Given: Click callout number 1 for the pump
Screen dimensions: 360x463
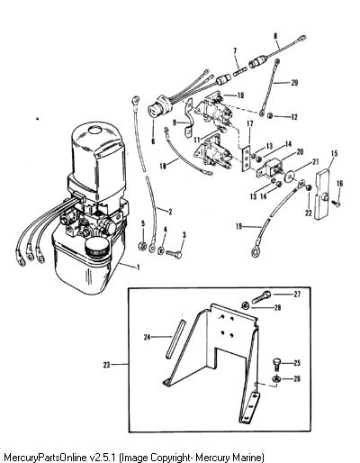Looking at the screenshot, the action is pos(138,268).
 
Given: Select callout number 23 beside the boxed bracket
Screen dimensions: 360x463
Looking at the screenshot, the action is pos(107,365).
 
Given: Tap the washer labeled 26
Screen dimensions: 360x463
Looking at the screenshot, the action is pos(275,379).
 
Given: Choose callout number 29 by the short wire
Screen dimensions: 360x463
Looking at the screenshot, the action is pos(294,82).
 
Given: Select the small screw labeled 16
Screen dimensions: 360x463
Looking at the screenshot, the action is pos(337,204).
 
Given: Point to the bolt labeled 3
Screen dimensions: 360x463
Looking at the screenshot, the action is pos(174,255).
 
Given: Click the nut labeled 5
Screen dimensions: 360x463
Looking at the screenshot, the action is pos(142,247).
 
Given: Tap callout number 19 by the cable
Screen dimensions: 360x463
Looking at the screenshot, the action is pos(238,226).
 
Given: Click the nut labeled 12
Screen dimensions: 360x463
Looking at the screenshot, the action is pos(270,114).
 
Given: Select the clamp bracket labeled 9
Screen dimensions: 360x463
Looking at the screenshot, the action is pos(188,119).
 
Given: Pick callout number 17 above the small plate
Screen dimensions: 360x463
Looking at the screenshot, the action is pos(249,123).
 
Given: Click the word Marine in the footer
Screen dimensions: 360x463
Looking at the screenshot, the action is pos(248,458).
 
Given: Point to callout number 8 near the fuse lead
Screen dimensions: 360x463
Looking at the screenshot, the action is pos(275,36).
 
